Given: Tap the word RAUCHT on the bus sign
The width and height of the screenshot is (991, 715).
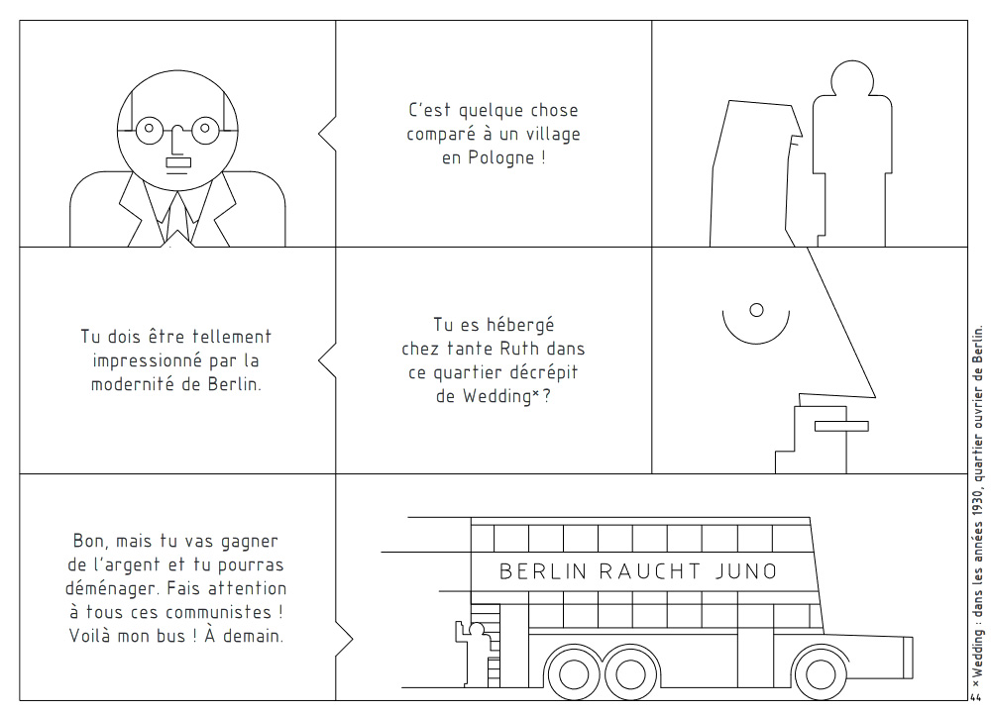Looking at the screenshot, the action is click(649, 571).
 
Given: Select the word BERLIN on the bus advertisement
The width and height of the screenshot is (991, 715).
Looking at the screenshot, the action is click(543, 571).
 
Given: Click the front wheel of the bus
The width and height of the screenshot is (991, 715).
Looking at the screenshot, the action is click(821, 673).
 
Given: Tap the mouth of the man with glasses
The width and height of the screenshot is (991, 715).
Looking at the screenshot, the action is click(178, 163).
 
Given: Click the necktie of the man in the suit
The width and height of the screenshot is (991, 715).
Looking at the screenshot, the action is click(177, 218).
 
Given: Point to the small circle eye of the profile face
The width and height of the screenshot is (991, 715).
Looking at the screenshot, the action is click(756, 310).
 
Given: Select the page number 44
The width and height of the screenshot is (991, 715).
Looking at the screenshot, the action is click(975, 697).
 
